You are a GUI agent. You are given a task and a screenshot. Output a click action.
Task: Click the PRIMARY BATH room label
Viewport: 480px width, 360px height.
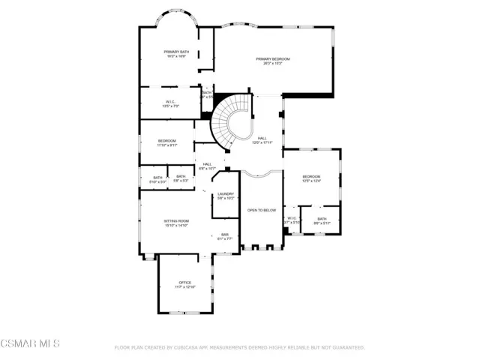click(177, 53)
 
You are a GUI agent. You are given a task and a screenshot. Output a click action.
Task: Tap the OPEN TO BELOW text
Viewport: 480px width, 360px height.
click(262, 211)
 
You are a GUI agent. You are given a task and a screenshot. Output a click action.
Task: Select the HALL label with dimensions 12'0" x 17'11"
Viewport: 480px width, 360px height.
click(262, 140)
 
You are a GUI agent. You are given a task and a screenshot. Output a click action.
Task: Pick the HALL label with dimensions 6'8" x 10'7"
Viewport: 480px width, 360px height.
click(207, 166)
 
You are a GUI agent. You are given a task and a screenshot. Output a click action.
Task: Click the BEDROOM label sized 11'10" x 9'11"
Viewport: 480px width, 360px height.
click(166, 143)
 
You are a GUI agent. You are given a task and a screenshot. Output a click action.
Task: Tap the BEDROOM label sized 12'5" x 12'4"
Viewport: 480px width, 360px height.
click(311, 178)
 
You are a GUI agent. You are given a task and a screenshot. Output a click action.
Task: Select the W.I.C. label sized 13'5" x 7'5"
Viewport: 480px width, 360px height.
click(170, 103)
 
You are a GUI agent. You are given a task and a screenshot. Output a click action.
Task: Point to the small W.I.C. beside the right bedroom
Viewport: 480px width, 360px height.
click(292, 220)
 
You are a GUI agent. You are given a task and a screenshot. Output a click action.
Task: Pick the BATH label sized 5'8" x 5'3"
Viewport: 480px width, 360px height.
click(181, 178)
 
